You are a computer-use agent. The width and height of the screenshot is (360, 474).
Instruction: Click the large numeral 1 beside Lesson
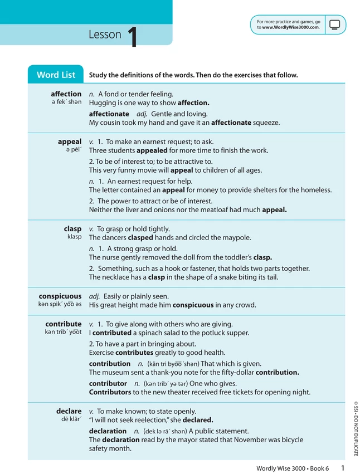132,37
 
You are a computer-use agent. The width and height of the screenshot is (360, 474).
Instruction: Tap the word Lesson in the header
105,35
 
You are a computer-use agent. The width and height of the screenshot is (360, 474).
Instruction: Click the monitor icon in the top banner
335,25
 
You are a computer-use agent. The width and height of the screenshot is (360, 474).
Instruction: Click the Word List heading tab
56,75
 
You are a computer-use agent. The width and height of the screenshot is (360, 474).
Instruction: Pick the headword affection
66,94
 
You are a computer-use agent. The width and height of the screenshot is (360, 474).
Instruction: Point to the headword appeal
70,141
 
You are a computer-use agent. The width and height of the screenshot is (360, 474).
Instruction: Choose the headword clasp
72,229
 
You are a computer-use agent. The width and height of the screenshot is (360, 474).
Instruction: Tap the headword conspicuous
60,296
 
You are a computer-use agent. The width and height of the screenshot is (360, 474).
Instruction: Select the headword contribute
64,324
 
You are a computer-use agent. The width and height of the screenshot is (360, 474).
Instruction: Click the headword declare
69,412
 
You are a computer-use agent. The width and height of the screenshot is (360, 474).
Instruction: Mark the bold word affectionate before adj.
109,114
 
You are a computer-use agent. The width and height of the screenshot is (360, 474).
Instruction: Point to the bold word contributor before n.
108,383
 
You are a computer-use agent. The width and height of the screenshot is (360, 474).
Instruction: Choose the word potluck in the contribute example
203,333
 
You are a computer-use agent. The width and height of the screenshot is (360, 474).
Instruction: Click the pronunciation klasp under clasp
74,237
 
